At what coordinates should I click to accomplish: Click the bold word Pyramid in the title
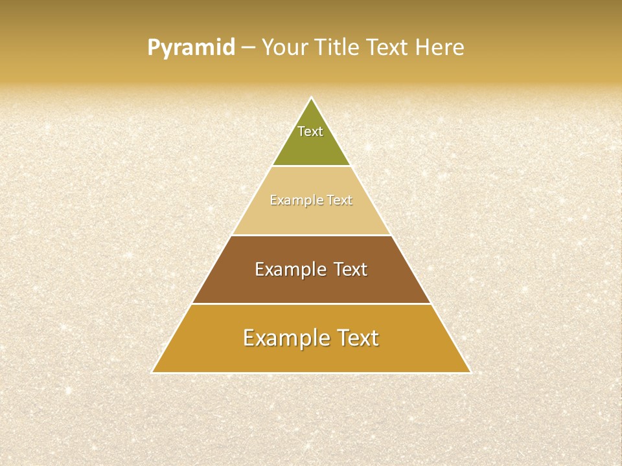[x=191, y=48]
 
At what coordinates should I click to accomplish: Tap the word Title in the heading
[x=339, y=48]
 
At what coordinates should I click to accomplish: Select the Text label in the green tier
[x=310, y=131]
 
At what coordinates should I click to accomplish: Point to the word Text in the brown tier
[x=351, y=269]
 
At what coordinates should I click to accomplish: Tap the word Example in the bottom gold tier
[x=282, y=338]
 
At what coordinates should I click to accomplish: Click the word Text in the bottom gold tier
[x=357, y=338]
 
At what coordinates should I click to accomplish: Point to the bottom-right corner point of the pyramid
[x=470, y=372]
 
